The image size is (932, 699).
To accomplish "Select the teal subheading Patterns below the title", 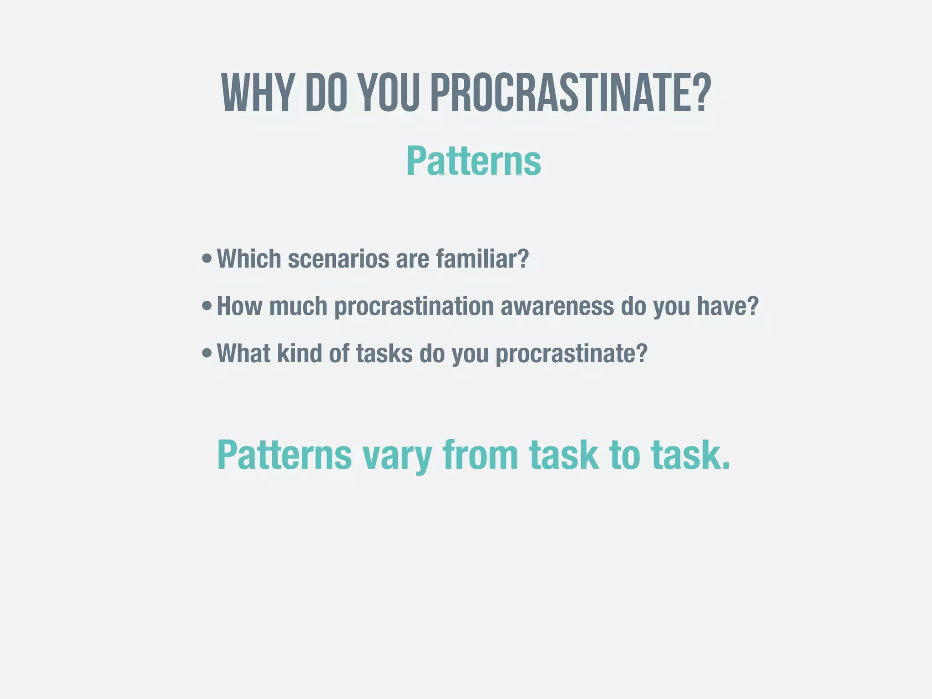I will [473, 161].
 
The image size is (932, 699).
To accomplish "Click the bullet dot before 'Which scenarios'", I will [207, 259].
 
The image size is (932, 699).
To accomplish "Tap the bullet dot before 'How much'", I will [207, 306].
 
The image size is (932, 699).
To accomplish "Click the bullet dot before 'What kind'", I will [207, 353].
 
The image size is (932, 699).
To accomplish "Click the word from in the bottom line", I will [481, 455].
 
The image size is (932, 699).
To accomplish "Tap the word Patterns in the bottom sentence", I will [284, 455].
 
